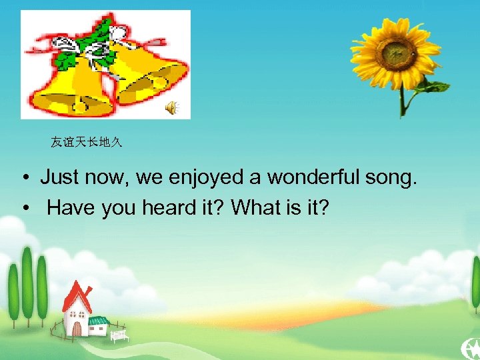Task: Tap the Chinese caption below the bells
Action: pos(87,142)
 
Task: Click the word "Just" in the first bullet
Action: pos(58,177)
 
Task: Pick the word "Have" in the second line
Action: pos(71,208)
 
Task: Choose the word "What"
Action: pos(255,208)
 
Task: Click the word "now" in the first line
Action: pos(102,177)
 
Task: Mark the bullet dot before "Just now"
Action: pos(23,178)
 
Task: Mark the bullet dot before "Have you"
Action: pos(23,209)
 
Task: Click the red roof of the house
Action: pos(75,297)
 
